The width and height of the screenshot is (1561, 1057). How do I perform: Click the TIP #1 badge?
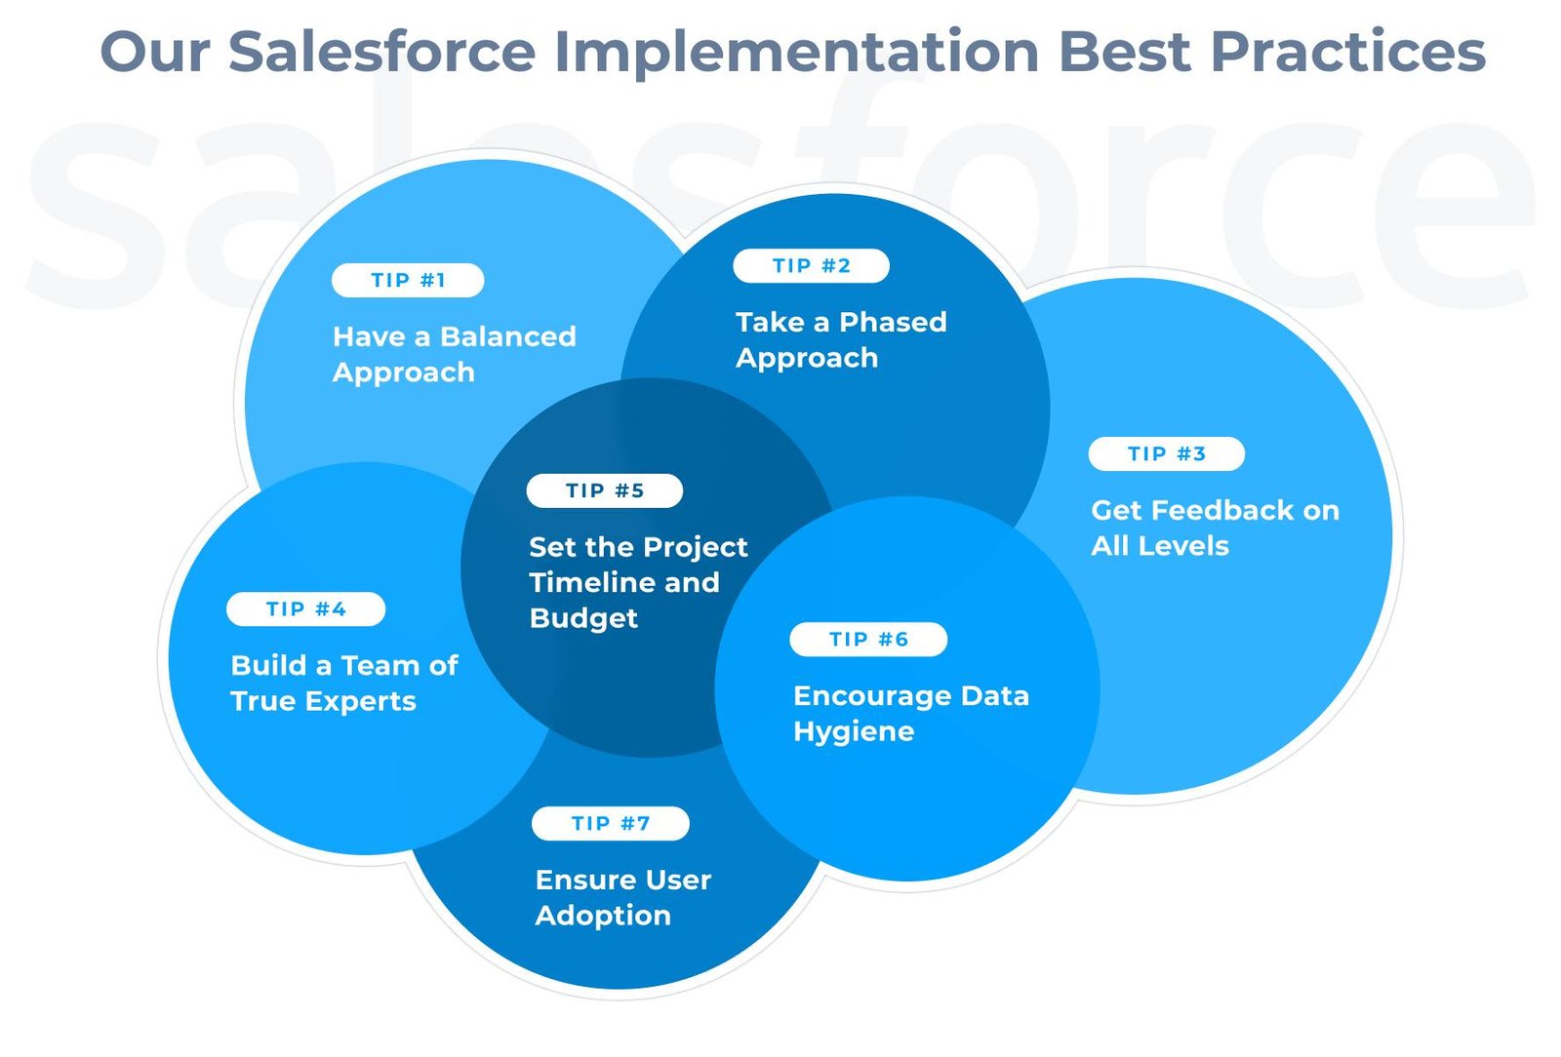(x=408, y=281)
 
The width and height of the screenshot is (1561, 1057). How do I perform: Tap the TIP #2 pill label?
(x=811, y=266)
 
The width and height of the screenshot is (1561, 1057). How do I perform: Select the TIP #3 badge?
(x=1167, y=454)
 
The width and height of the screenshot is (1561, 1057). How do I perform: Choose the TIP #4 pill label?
(x=306, y=609)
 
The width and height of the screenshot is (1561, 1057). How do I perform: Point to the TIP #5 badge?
(x=605, y=490)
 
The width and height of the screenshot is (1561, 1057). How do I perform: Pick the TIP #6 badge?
(x=868, y=640)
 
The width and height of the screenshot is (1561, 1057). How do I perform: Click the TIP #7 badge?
(x=611, y=824)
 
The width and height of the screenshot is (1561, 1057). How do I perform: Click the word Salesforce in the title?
(x=381, y=52)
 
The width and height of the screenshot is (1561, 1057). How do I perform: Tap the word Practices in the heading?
(x=1348, y=52)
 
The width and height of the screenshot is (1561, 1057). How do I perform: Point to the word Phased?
(x=894, y=323)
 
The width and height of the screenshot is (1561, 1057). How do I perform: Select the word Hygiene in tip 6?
(x=854, y=732)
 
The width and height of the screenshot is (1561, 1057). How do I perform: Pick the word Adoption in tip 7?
(x=603, y=917)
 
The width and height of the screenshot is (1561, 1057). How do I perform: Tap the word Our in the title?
(x=155, y=53)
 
